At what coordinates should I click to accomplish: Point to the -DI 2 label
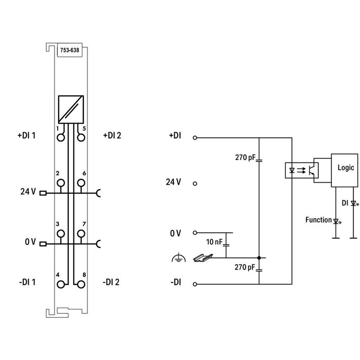pyautogui.click(x=111, y=281)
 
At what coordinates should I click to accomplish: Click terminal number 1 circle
pyautogui.click(x=61, y=137)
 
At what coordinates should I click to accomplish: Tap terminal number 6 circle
pyautogui.click(x=80, y=183)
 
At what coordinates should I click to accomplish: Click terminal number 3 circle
pyautogui.click(x=61, y=233)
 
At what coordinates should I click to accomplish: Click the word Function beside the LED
pyautogui.click(x=318, y=220)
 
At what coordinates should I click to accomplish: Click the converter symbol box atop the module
pyautogui.click(x=70, y=110)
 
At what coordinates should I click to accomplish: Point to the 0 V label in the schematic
pyautogui.click(x=176, y=233)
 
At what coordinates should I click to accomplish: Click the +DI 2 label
pyautogui.click(x=112, y=136)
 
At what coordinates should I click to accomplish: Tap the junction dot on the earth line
pyautogui.click(x=259, y=258)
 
